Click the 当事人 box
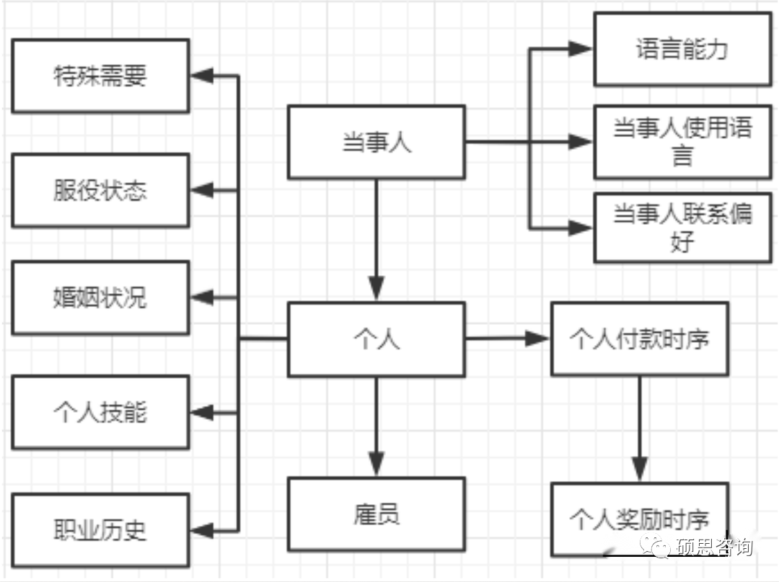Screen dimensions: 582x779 click(376, 142)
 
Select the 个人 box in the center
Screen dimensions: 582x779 click(376, 339)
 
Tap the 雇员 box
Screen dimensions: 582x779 click(376, 514)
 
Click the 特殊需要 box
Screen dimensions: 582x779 click(101, 76)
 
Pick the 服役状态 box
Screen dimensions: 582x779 click(101, 190)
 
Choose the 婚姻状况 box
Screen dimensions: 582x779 click(101, 297)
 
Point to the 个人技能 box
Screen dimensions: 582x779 click(101, 412)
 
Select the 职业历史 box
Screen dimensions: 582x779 click(101, 530)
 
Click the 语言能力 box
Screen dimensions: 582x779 click(682, 50)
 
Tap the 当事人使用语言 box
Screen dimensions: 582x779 click(682, 141)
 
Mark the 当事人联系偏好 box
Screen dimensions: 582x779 click(682, 227)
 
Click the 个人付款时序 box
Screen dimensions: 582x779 click(639, 339)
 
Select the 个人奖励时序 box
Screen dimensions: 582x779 click(639, 519)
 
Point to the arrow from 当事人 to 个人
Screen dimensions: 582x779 click(376, 238)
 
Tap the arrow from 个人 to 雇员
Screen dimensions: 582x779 click(376, 425)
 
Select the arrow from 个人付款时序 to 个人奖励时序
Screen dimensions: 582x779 click(640, 429)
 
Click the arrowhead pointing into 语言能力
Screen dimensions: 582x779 click(581, 49)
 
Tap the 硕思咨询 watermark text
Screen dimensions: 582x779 click(714, 547)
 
